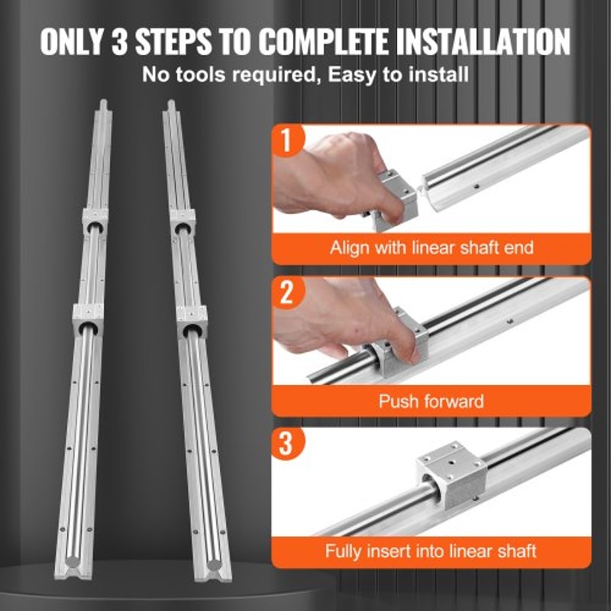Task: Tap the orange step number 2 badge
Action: [286, 293]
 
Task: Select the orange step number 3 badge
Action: [286, 445]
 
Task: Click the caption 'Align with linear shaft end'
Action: [432, 248]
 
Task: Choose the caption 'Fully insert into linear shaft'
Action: [432, 551]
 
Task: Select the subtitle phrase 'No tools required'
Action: [202, 75]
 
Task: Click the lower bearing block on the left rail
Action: [89, 317]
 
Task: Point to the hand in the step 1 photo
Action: [325, 172]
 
